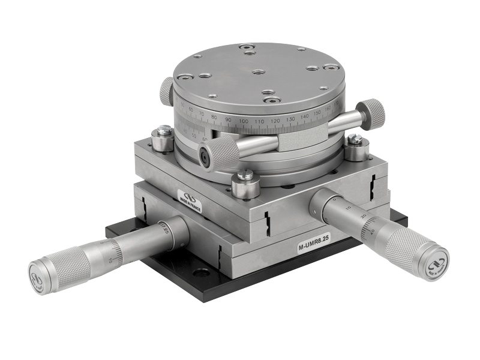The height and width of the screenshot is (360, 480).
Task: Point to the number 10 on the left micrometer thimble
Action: pos(113,259)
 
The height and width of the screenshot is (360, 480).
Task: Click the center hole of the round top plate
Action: pos(259,72)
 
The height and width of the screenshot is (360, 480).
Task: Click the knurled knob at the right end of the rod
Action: pos(373,113)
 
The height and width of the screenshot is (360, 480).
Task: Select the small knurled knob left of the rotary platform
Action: pos(167,91)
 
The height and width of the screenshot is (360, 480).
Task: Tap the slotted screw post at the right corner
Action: pos(355,147)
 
